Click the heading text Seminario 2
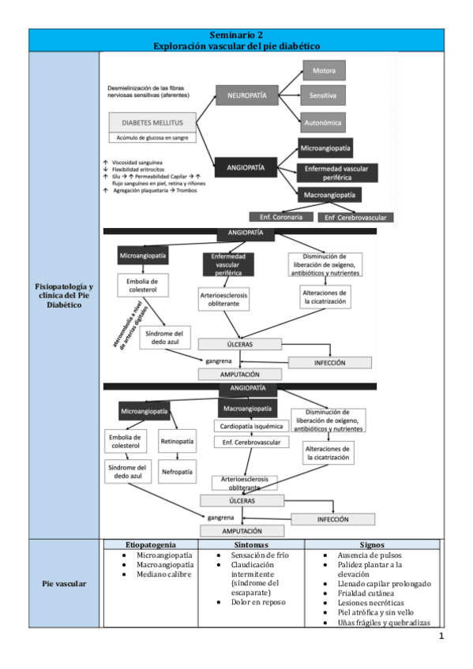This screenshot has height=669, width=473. tap(236, 36)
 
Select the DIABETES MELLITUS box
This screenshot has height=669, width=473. tap(152, 122)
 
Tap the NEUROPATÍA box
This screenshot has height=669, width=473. tap(246, 95)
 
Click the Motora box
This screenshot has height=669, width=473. tap(324, 70)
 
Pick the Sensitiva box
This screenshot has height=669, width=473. tap(324, 95)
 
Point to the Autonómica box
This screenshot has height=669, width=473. tap(324, 122)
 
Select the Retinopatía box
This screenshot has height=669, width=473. tap(178, 441)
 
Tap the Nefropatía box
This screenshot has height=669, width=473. tap(178, 471)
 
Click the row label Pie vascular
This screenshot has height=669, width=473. tap(65, 584)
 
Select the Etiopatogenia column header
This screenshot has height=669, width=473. tap(150, 544)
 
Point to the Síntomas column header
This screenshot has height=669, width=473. tap(251, 544)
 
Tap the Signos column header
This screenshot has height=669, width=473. tap(370, 544)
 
